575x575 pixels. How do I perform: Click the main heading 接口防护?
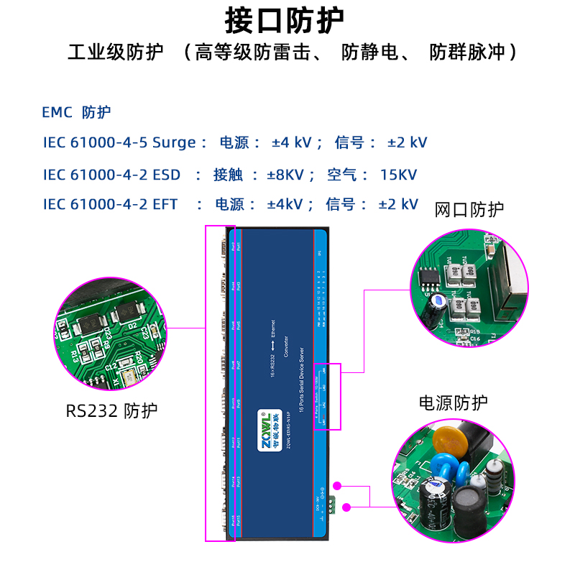pyautogui.click(x=285, y=20)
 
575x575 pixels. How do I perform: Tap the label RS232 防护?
pyautogui.click(x=111, y=411)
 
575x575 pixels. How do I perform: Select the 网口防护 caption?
pyautogui.click(x=469, y=210)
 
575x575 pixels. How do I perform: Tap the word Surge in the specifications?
pyautogui.click(x=174, y=142)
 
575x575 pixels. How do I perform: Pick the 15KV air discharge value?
pyautogui.click(x=398, y=174)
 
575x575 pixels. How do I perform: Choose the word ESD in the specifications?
pyautogui.click(x=167, y=174)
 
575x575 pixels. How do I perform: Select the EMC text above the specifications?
pyautogui.click(x=57, y=113)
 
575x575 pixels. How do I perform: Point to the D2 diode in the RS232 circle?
pyautogui.click(x=128, y=311)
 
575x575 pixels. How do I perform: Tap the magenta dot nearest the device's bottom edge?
pyautogui.click(x=346, y=507)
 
